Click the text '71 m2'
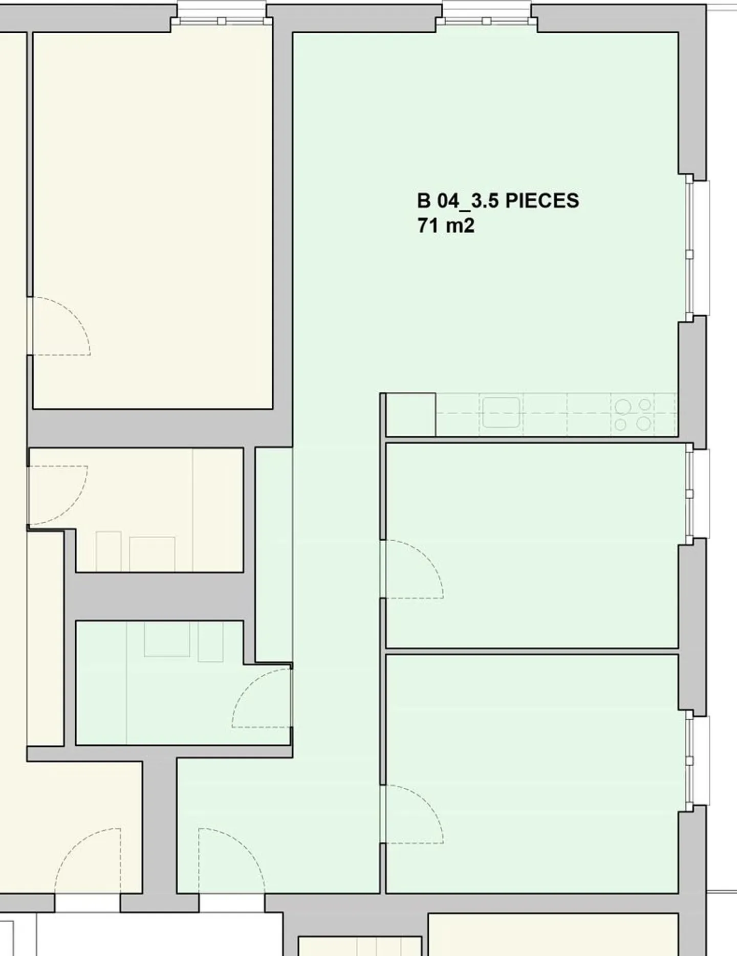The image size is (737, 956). (x=446, y=226)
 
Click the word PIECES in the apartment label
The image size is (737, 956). (x=542, y=201)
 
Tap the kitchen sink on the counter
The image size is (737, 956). (x=501, y=412)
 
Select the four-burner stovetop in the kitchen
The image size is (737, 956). (x=633, y=414)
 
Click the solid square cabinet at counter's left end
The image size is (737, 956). (x=410, y=414)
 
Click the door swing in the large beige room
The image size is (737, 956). (x=60, y=327)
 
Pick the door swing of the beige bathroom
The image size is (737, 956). (x=57, y=495)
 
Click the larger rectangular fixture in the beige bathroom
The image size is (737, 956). (x=152, y=554)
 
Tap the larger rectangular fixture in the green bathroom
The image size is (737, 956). (x=167, y=639)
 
